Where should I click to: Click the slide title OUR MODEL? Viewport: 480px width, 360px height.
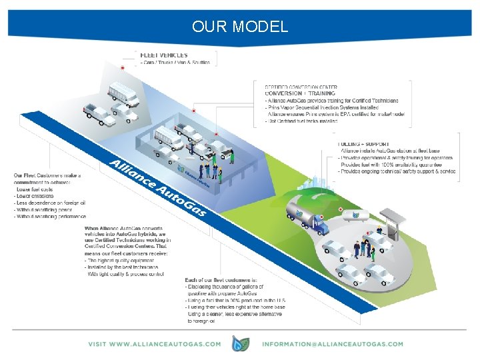click(x=240, y=27)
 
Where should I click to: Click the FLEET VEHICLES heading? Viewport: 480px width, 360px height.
click(x=163, y=54)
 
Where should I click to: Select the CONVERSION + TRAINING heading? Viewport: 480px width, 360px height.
click(x=300, y=93)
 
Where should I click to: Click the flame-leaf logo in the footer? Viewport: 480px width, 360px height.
click(x=241, y=344)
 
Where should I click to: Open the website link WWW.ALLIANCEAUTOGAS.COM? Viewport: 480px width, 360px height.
click(x=155, y=344)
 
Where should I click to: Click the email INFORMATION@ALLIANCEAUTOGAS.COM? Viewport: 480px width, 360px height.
click(x=333, y=344)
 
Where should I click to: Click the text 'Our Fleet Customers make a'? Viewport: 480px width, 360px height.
click(x=47, y=175)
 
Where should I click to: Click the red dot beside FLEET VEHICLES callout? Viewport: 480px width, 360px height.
click(x=123, y=67)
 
